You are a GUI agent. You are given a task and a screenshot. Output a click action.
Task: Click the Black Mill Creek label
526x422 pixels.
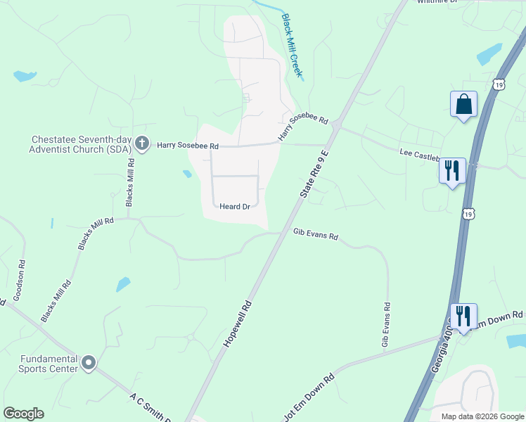click(x=292, y=45)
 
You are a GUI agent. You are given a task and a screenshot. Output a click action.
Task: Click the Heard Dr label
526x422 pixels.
click(x=235, y=207)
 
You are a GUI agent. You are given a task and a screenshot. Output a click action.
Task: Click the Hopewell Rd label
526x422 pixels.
click(x=238, y=323)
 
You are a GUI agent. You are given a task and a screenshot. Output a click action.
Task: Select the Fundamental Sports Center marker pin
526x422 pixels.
click(x=89, y=363)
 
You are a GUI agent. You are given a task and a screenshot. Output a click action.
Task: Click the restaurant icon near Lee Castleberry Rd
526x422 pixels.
click(x=452, y=170)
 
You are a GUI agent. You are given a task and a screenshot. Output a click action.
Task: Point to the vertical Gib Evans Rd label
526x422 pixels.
click(x=386, y=325)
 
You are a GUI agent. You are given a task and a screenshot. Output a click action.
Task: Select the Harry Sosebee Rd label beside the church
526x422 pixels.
click(x=188, y=146)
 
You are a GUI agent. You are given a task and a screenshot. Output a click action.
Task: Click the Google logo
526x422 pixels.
click(x=23, y=414)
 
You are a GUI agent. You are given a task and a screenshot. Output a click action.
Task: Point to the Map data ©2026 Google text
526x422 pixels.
click(x=482, y=416)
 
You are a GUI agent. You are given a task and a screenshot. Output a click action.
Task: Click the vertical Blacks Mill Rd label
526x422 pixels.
click(x=130, y=182)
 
